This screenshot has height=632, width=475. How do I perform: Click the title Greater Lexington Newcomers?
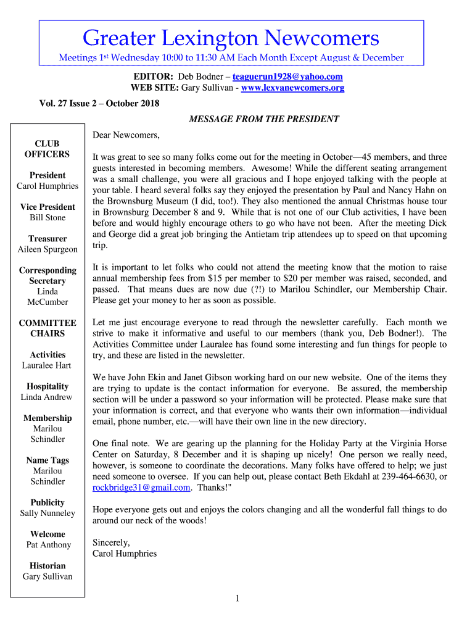231,39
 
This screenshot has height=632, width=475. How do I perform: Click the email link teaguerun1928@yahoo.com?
287,77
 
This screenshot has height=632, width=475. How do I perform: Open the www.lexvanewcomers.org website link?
292,88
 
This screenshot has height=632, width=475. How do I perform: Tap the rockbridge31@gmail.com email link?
141,488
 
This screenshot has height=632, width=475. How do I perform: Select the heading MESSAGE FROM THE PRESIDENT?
263,119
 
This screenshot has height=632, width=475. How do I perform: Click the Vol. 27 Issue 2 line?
99,103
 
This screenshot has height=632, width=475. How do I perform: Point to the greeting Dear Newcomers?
126,135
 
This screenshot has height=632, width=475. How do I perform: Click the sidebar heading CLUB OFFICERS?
47,149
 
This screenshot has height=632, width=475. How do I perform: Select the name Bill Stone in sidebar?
47,218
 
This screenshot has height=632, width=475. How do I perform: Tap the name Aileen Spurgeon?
47,249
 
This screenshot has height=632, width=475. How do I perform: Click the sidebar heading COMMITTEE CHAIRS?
47,328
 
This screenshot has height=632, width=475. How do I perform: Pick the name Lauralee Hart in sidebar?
47,365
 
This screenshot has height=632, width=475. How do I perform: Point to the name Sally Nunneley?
47,513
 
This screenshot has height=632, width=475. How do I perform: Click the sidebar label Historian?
47,566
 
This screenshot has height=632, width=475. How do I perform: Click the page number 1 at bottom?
238,598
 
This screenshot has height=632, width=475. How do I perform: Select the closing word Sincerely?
111,543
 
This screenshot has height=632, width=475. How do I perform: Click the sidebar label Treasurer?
47,239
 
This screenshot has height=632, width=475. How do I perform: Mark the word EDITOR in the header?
153,77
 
